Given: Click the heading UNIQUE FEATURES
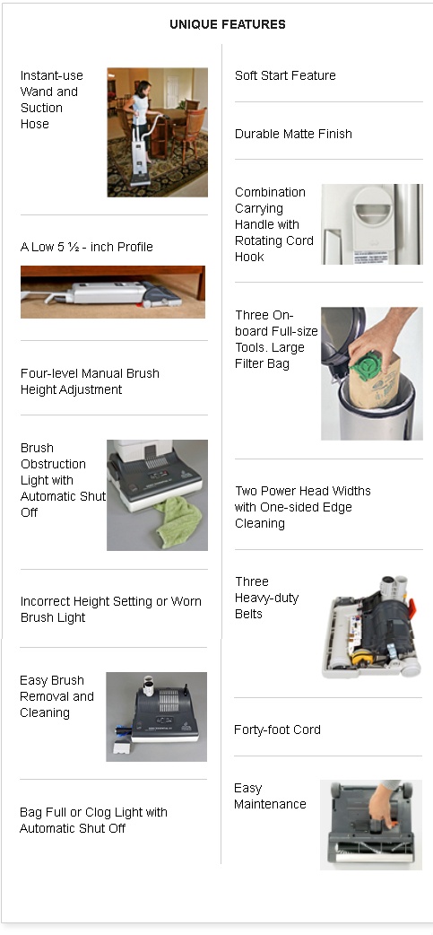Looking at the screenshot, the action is pyautogui.click(x=228, y=24).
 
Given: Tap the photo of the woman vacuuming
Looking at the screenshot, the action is pyautogui.click(x=157, y=133).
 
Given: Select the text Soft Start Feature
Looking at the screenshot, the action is pyautogui.click(x=285, y=75).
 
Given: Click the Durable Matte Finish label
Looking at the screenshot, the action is pyautogui.click(x=293, y=135).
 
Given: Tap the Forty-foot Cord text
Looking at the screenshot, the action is pyautogui.click(x=277, y=730).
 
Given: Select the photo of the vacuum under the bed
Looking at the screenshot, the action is pyautogui.click(x=113, y=292).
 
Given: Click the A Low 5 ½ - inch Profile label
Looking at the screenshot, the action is pyautogui.click(x=86, y=247).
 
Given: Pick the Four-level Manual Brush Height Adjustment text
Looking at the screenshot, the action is pyautogui.click(x=90, y=381).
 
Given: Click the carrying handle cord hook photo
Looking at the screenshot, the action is pyautogui.click(x=372, y=224).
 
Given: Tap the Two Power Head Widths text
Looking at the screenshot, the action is pyautogui.click(x=303, y=508).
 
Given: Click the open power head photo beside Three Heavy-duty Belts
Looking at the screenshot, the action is pyautogui.click(x=372, y=626).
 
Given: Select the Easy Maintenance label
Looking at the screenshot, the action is pyautogui.click(x=270, y=796).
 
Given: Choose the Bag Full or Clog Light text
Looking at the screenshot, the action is pyautogui.click(x=93, y=820).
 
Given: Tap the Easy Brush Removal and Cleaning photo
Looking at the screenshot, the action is pyautogui.click(x=157, y=717).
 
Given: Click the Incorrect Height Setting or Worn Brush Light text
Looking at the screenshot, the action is pyautogui.click(x=111, y=609).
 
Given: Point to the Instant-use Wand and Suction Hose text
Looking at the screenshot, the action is pyautogui.click(x=52, y=100).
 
